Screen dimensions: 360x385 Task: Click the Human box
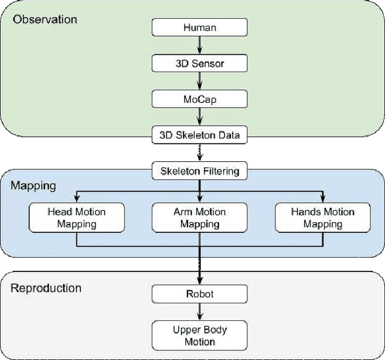coord(199,27)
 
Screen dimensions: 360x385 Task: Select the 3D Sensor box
coord(199,63)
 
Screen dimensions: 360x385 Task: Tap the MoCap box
coord(199,98)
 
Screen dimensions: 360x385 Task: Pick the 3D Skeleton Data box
coord(199,134)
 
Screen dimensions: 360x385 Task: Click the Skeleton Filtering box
coord(199,171)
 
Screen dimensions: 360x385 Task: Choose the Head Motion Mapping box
coord(76,217)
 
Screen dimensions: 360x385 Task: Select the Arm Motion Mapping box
coord(199,217)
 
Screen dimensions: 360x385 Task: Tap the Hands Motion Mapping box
coord(322,217)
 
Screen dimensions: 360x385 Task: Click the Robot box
coord(199,294)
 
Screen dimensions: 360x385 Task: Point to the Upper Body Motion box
coord(199,335)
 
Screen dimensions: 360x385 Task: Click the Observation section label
coord(45,19)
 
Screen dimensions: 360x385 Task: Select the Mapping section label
coord(33,185)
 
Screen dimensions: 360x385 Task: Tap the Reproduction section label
coord(46,288)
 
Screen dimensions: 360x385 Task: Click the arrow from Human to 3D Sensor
coord(199,45)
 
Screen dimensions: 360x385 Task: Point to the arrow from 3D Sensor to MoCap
coord(199,80)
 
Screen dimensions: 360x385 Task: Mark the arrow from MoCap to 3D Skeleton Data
coord(199,116)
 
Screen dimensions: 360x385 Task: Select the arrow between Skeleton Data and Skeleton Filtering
coord(199,153)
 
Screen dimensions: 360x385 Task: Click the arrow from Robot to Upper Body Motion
coord(199,312)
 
